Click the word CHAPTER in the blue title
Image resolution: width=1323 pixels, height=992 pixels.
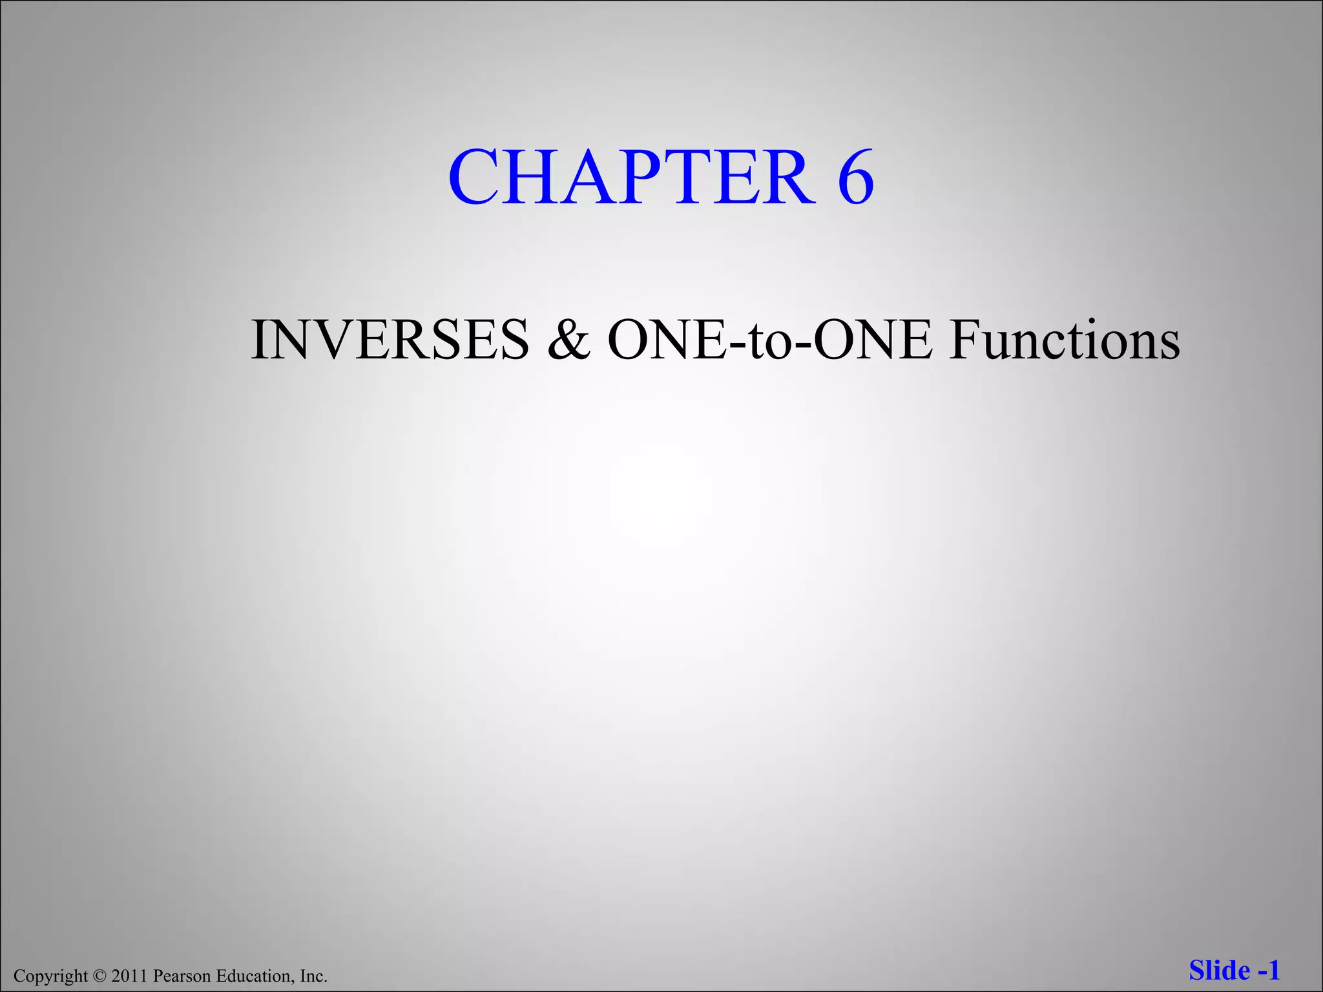(x=631, y=177)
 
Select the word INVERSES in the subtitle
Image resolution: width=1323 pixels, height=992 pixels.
(x=390, y=340)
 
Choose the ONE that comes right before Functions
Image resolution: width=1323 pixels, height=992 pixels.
(x=873, y=340)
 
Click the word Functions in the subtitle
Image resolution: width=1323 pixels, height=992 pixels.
(x=1065, y=340)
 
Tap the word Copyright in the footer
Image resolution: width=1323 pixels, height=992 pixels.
(x=50, y=976)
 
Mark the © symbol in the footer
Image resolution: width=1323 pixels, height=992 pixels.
(x=98, y=976)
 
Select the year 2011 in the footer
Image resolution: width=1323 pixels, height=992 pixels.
(x=130, y=976)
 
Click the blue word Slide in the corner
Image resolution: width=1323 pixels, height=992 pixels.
(x=1219, y=971)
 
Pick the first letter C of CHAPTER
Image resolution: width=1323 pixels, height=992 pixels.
(x=475, y=177)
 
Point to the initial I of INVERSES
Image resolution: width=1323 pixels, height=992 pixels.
(x=259, y=340)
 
